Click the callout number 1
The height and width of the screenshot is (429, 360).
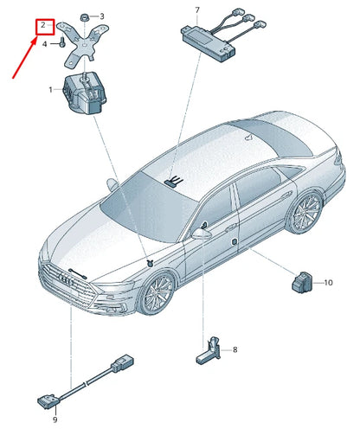50,90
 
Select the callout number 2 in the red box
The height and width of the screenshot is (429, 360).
43,25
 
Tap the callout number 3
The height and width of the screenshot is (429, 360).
102,16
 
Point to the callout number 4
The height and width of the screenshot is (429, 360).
44,44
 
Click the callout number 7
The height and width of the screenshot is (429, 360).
197,10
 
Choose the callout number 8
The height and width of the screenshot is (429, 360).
235,349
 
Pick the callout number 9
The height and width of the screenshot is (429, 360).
55,419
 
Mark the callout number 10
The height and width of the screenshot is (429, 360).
328,283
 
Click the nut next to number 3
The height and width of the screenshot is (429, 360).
85,17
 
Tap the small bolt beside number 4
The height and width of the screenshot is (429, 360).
62,42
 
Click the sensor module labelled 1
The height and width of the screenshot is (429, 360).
85,94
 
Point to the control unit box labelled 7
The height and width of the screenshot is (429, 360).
209,42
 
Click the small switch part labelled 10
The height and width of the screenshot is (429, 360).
302,282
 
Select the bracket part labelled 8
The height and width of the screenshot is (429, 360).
209,351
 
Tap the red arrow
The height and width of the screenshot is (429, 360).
25,57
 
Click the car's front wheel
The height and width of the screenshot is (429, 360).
157,293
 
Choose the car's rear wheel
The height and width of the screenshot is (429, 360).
306,212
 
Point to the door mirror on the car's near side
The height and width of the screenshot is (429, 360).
202,234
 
